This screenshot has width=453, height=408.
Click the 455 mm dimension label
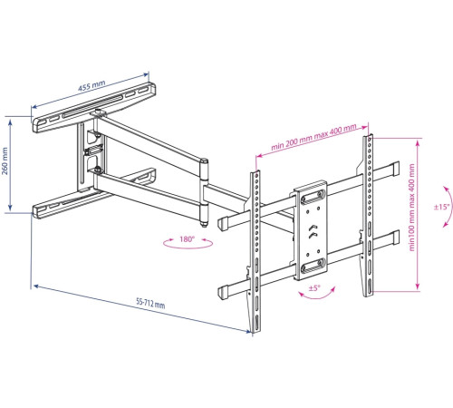click(x=92, y=85)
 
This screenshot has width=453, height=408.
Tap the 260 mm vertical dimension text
click(x=5, y=161)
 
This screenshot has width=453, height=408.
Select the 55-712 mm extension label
click(x=150, y=303)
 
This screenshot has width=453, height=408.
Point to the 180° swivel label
click(x=188, y=239)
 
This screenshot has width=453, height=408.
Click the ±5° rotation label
click(x=314, y=288)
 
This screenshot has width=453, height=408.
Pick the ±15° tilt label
click(x=442, y=207)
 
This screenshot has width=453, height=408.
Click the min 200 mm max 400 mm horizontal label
click(x=313, y=137)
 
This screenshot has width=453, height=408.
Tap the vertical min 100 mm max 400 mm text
click(x=411, y=208)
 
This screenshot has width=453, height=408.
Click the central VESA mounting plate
click(x=311, y=229)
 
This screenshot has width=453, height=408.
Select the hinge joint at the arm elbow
click(x=205, y=192)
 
